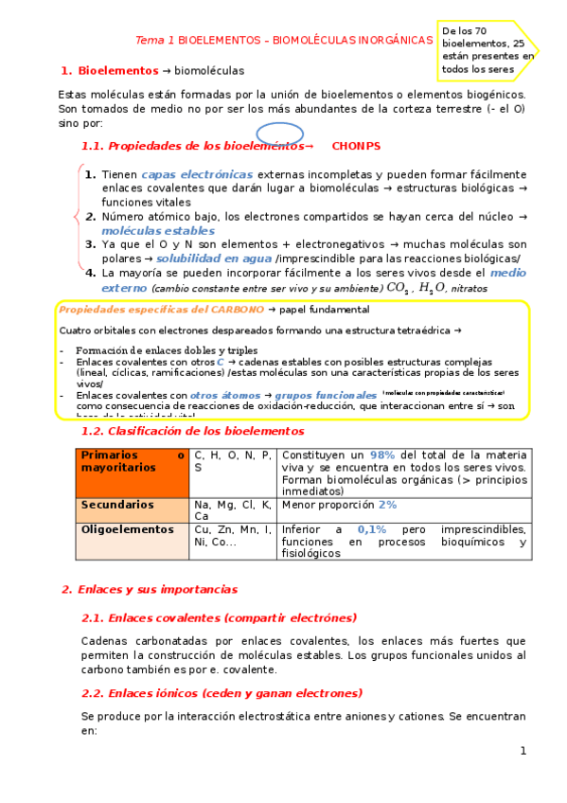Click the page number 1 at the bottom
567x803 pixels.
[x=522, y=751]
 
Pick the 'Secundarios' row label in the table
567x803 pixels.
[x=117, y=505]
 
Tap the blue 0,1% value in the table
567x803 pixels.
[x=372, y=529]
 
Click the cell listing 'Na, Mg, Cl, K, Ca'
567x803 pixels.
[x=232, y=511]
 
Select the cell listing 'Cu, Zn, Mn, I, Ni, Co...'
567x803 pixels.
[x=232, y=536]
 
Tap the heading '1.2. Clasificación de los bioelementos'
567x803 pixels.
[x=193, y=431]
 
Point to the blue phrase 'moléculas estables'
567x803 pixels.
[x=158, y=230]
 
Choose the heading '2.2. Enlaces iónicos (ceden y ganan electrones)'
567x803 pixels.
[x=221, y=692]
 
